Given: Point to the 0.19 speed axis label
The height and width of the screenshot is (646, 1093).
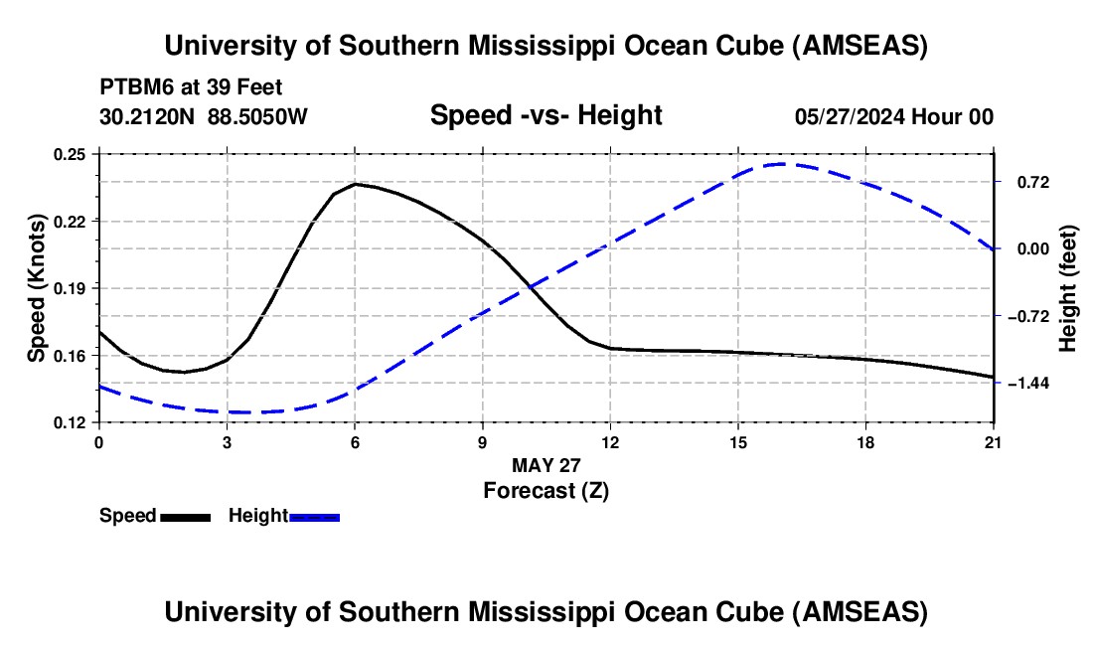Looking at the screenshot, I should click(x=70, y=288).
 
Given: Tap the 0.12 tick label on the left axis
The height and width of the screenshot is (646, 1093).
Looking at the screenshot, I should click(x=70, y=422).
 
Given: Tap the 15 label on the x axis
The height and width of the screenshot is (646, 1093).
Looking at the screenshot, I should click(x=737, y=441).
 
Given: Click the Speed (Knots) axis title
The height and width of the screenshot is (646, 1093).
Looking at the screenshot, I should click(x=36, y=288).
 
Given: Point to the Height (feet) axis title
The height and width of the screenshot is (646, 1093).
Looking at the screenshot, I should click(x=1069, y=288).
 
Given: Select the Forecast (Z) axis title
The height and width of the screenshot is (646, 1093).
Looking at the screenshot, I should click(x=546, y=490).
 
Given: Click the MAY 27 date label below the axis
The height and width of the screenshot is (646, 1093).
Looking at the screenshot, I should click(x=546, y=465).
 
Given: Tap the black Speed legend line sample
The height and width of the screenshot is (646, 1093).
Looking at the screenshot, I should click(x=185, y=517).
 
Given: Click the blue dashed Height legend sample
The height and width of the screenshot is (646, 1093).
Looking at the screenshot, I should click(x=314, y=517).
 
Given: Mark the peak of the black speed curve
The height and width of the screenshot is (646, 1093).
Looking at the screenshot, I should click(x=356, y=184).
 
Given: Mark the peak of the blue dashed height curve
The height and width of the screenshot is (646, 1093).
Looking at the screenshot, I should click(x=782, y=164).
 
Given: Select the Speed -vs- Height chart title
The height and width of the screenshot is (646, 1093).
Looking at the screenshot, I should click(x=546, y=115).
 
